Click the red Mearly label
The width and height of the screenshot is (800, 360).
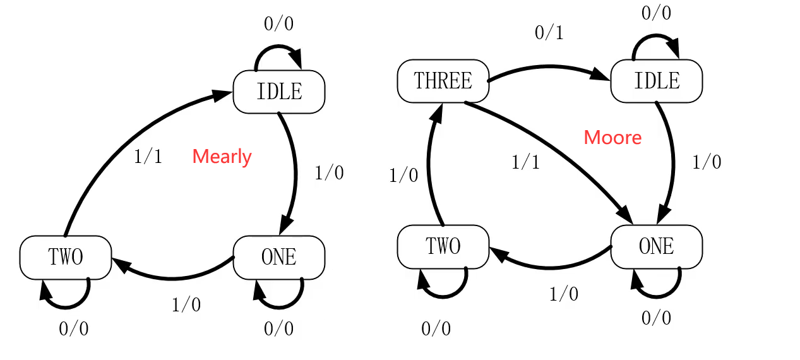222,157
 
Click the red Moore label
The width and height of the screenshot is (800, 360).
612,138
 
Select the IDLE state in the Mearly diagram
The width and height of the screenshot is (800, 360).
279,92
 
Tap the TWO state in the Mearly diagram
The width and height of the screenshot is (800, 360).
66,257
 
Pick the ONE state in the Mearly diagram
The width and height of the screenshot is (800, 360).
279,257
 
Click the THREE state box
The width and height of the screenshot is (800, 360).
443,81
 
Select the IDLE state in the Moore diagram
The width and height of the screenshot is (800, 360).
657,81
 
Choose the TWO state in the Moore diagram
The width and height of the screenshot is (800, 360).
443,246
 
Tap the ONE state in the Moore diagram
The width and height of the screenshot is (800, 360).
657,246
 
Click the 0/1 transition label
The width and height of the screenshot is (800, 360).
549,33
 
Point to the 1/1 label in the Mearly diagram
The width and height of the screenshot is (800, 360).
148,157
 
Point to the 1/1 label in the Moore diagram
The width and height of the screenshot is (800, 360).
525,163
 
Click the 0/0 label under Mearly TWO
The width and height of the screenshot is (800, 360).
74,329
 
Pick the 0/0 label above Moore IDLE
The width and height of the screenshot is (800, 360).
657,13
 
